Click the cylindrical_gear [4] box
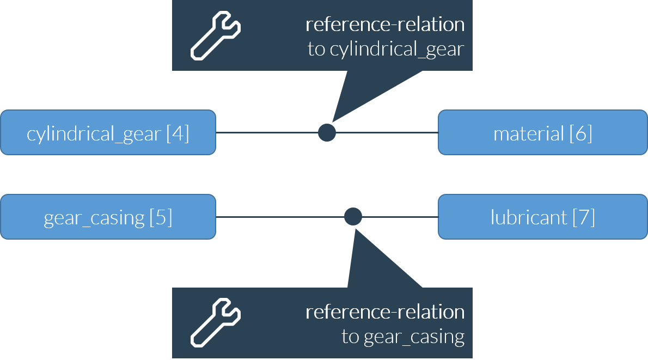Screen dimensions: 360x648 tap(108, 133)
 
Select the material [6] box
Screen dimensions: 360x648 tap(542, 133)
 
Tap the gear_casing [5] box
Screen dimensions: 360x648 tap(108, 217)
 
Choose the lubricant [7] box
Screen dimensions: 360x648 tap(542, 217)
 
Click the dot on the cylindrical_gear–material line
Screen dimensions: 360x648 tap(327, 132)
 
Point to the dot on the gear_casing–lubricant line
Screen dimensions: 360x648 tap(353, 217)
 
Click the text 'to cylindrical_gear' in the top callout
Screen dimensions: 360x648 tap(386, 50)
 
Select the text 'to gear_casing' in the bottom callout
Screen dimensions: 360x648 tap(403, 337)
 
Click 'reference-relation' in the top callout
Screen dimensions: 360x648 tap(385, 25)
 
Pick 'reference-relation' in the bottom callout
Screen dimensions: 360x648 tap(385, 312)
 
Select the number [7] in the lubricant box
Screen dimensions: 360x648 tap(583, 217)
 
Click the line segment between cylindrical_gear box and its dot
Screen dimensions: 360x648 tap(267, 132)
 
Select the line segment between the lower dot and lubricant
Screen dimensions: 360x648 tap(400, 217)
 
